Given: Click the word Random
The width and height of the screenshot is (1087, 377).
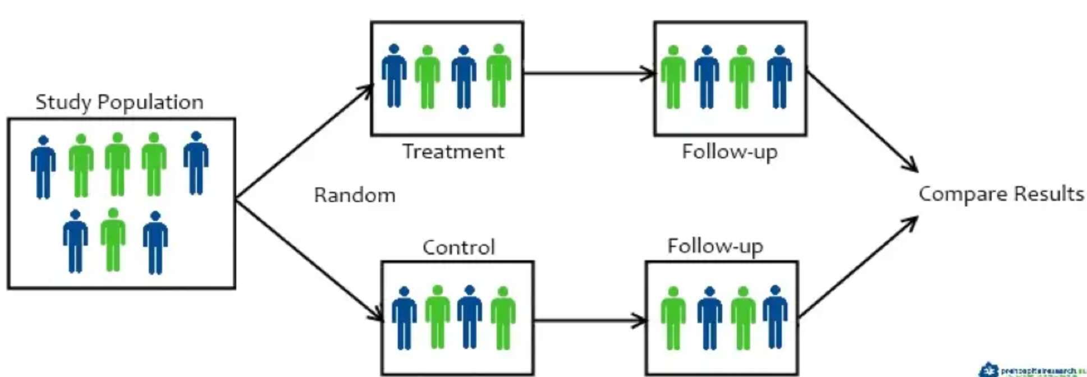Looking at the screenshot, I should (354, 195).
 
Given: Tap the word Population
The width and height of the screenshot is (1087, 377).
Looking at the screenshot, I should (150, 102).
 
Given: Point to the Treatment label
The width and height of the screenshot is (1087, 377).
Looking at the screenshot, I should (453, 151).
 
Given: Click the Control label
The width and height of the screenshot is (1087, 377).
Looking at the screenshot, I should (458, 247).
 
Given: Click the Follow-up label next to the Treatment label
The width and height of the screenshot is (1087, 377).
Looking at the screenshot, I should (730, 152).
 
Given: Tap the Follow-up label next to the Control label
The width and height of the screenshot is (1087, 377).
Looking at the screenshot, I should (715, 246).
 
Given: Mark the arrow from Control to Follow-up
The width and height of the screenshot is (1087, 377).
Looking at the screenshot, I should (589, 321).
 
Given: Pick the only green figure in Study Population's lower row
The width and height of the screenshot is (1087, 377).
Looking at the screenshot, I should (113, 240).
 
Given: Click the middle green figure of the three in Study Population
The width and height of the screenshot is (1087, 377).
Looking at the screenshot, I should (117, 164).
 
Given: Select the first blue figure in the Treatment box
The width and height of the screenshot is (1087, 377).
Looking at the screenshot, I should (394, 76).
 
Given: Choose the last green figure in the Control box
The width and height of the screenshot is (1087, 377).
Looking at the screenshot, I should (503, 318).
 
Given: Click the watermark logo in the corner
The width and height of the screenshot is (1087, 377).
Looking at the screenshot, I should (988, 370).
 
